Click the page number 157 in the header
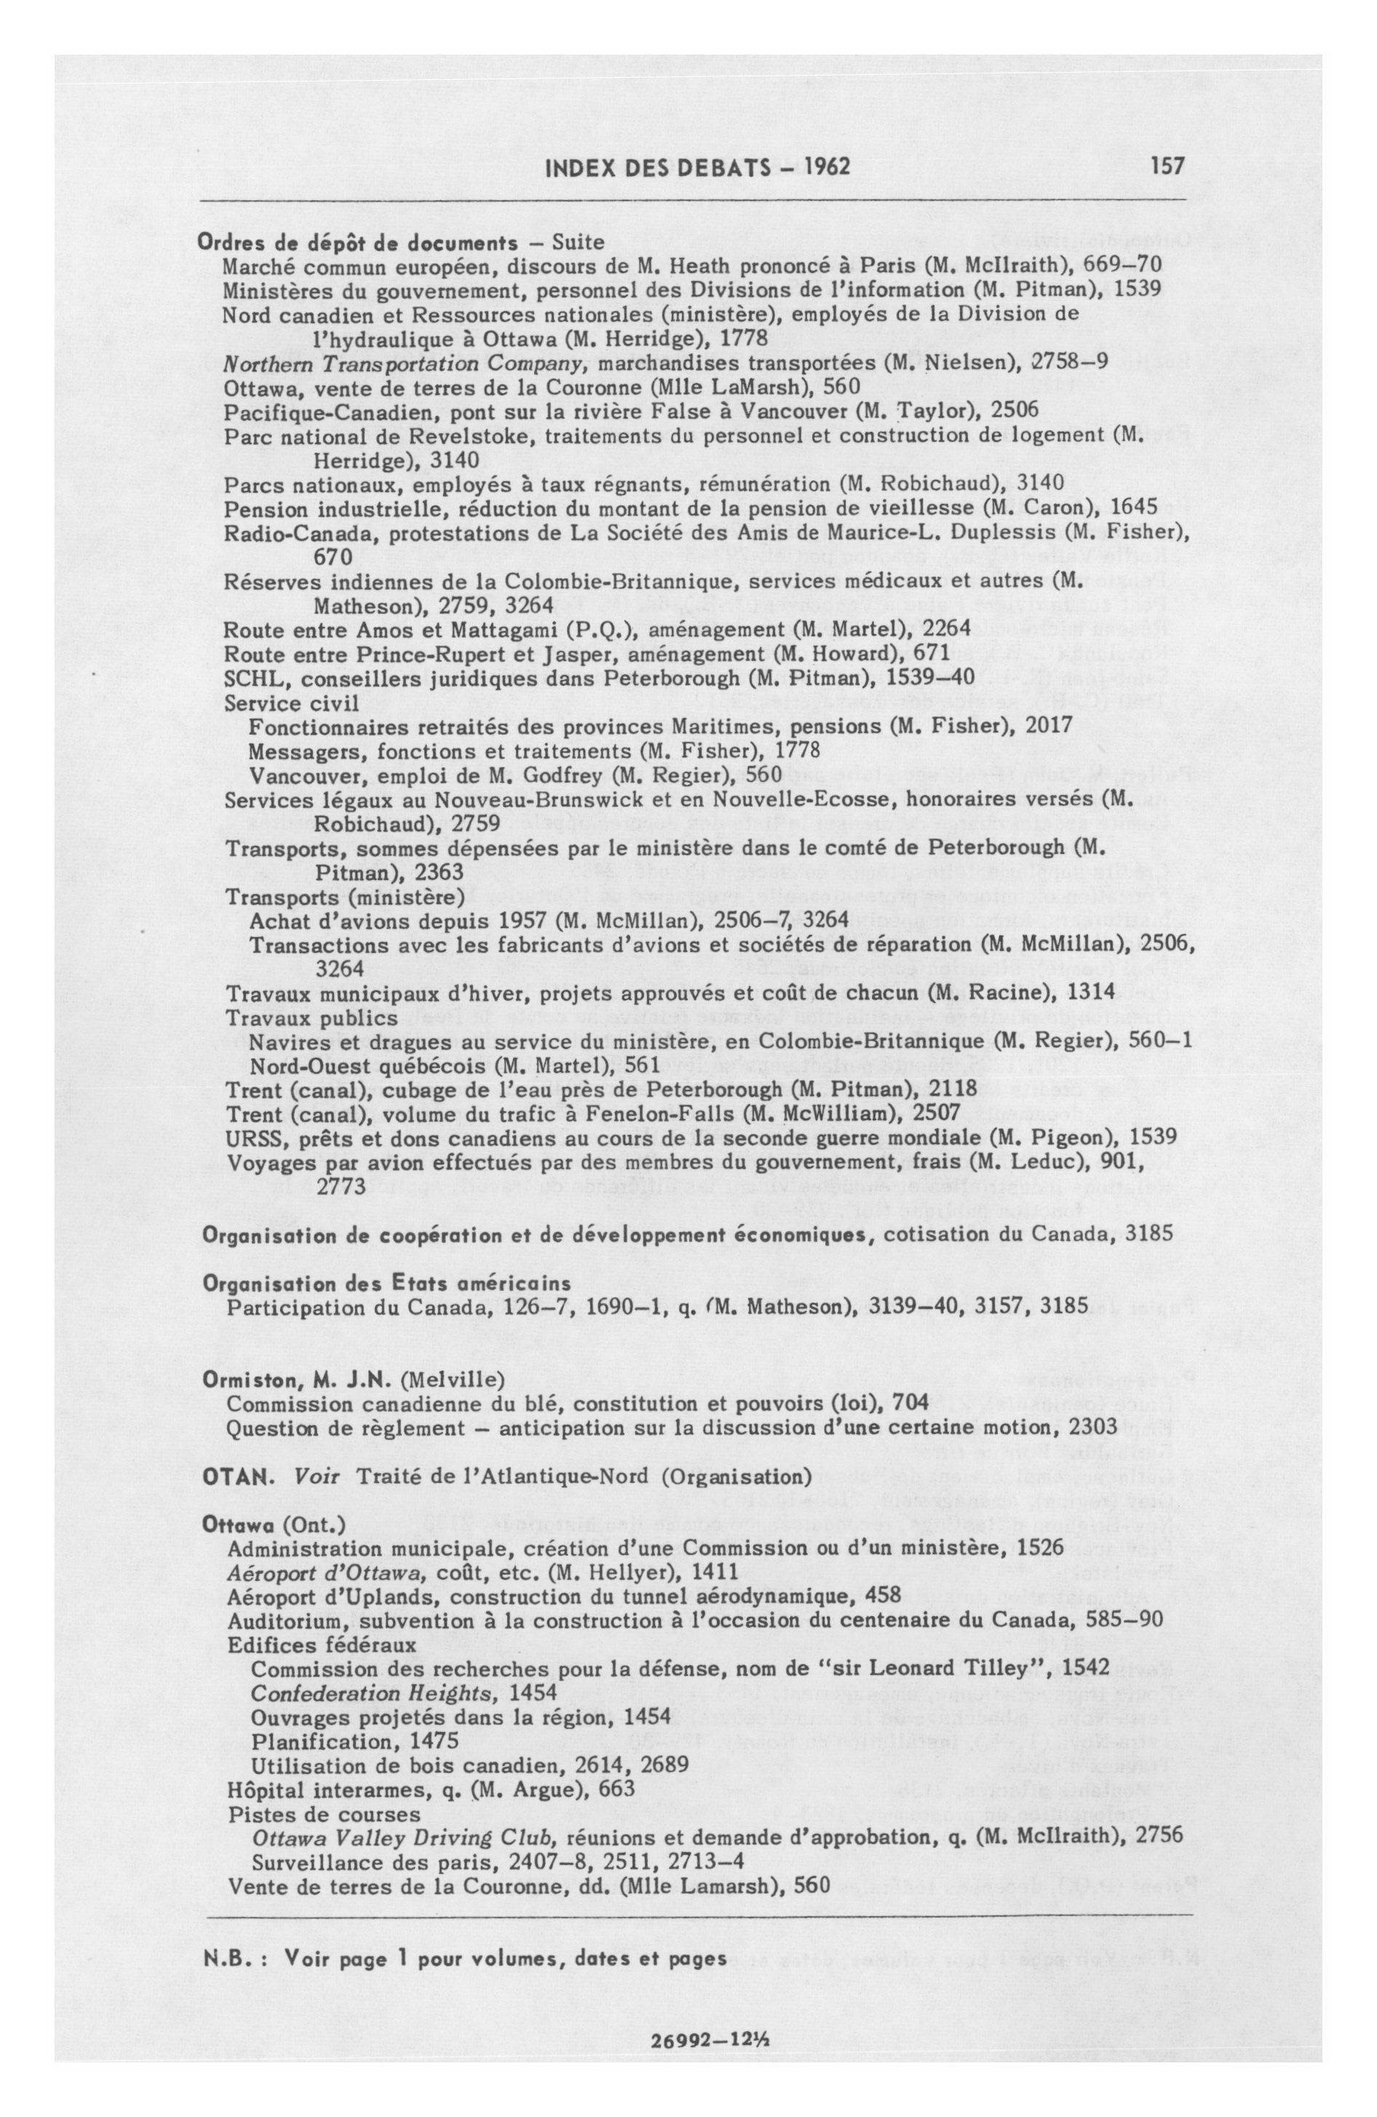[x=1167, y=166]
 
